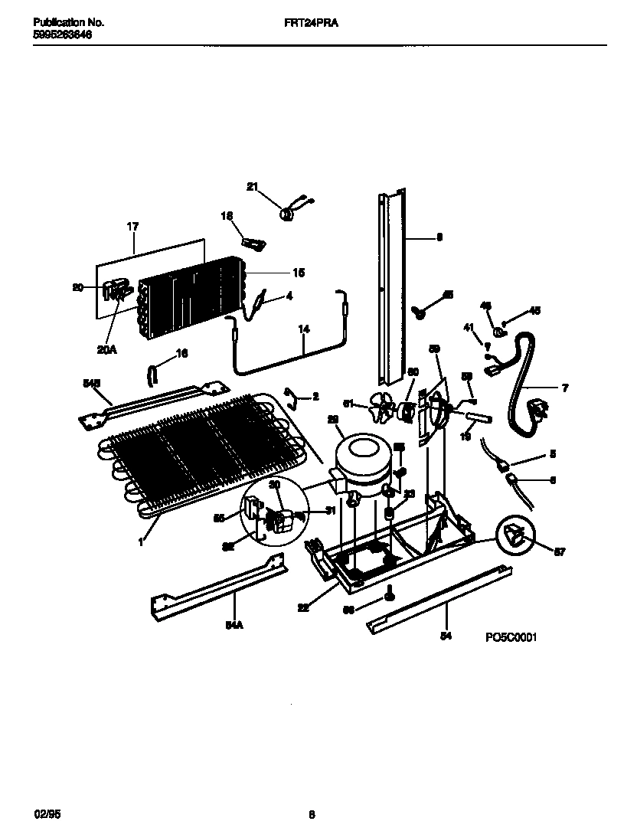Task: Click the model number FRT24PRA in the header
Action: [317, 23]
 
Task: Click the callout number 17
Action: [132, 227]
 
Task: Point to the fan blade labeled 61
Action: [378, 407]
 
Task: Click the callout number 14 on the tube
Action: [304, 329]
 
